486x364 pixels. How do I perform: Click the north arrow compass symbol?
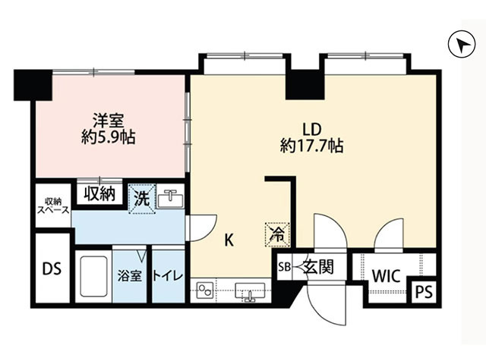pos(462,44)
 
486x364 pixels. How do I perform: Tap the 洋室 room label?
pos(109,121)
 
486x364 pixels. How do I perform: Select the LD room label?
pos(312,130)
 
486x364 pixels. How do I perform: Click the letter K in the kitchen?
pos(229,240)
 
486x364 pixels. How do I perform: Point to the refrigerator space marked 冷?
pos(277,234)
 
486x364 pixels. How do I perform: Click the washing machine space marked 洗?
pos(142,199)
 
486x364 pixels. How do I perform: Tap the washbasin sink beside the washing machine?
pos(170,198)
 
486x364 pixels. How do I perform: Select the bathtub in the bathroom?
pos(93,276)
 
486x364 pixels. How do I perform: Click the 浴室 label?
pos(130,276)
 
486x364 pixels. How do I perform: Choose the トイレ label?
pos(168,276)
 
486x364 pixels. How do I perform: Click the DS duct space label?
pos(52,268)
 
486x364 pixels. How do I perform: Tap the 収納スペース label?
pos(53,206)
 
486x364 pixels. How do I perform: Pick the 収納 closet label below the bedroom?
pos(99,194)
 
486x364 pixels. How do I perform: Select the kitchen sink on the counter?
pos(250,291)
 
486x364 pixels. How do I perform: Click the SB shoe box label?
pos(284,267)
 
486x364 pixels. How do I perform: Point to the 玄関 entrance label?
pos(318,266)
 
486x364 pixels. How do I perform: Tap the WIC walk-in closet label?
pos(387,276)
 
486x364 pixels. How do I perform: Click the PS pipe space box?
pos(424,291)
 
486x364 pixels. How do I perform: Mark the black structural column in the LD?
pos(305,85)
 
